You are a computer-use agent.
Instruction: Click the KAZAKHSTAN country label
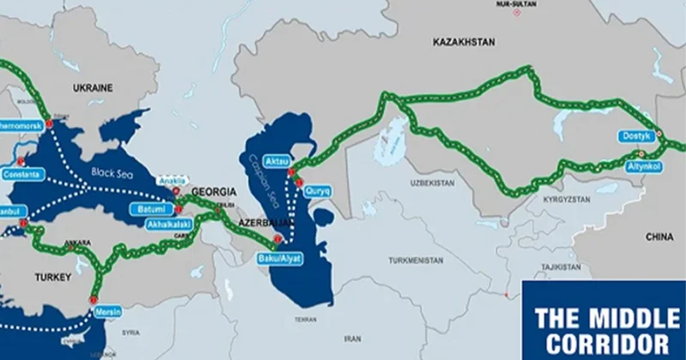[x=466, y=41]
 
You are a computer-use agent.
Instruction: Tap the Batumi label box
[x=149, y=209]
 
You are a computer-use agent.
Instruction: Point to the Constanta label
[x=21, y=174]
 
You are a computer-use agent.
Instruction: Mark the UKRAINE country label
[x=93, y=87]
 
